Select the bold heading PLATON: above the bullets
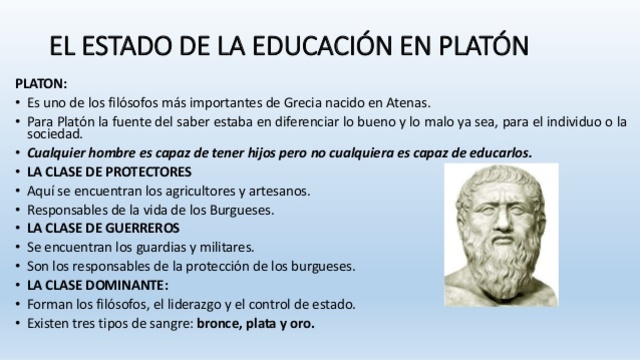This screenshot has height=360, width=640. (41, 83)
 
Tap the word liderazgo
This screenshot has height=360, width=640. (207, 304)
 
